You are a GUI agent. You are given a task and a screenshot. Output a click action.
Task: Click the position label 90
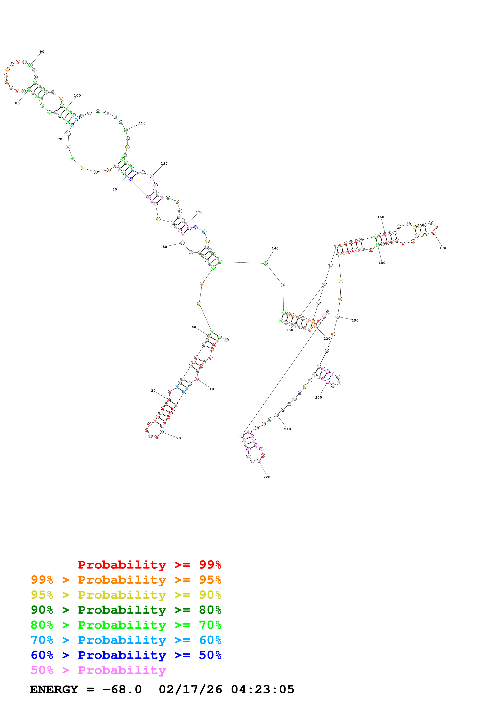pos(42,52)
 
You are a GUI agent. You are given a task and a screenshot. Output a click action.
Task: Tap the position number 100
pos(77,95)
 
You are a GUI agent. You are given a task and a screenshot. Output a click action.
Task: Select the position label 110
pos(142,123)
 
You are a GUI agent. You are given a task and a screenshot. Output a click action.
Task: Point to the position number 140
pos(275,248)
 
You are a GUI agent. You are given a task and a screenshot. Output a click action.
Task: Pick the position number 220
pos(267,477)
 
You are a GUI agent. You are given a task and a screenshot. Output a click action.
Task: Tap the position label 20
pos(178,438)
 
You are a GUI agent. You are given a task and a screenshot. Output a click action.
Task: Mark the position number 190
pos(355,320)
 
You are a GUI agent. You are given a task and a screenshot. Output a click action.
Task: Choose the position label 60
pos(114,189)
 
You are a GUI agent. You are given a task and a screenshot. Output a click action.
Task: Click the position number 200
pos(319,397)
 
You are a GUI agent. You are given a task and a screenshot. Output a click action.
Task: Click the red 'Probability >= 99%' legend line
pos(149,565)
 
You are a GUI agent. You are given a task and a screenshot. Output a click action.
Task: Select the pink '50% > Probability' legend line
pos(98,670)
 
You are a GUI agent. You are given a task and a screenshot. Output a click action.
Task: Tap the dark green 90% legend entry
pos(126,610)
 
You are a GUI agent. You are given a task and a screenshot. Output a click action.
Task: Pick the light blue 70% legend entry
pos(126,640)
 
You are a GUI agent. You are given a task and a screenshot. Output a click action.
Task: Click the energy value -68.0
pos(122,690)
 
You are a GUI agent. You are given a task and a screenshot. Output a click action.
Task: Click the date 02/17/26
pos(190,690)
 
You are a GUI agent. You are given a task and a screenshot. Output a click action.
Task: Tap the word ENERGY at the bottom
pos(54,690)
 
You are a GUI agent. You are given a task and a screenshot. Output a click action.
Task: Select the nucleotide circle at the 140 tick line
pos(265,263)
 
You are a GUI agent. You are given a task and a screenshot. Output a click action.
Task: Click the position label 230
pos(327,339)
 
